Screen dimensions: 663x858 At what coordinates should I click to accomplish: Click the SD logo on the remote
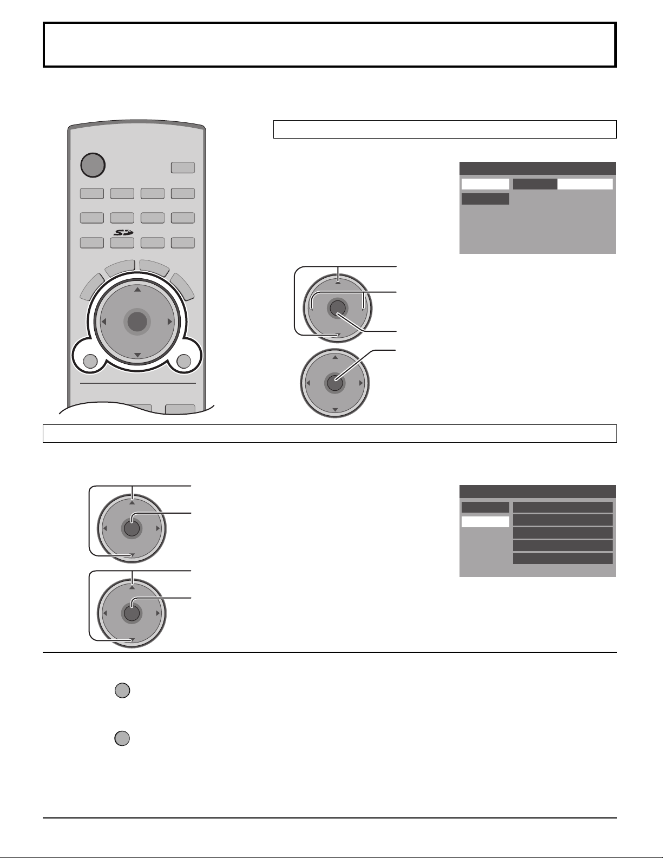pyautogui.click(x=122, y=232)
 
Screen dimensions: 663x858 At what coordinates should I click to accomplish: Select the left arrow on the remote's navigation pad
pyautogui.click(x=104, y=322)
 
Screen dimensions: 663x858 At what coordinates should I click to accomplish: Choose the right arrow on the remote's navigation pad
pyautogui.click(x=170, y=322)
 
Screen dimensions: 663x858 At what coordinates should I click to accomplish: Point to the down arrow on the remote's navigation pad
pyautogui.click(x=137, y=355)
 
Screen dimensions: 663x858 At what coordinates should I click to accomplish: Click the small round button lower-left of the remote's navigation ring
pyautogui.click(x=91, y=361)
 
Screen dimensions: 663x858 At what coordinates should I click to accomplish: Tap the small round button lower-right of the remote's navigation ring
pyautogui.click(x=183, y=361)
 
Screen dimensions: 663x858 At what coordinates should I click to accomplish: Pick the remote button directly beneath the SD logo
pyautogui.click(x=122, y=243)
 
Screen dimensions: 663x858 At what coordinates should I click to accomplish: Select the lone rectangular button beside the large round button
pyautogui.click(x=183, y=168)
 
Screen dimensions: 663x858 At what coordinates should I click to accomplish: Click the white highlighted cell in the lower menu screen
pyautogui.click(x=485, y=521)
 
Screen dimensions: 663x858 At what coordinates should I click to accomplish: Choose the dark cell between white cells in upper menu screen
pyautogui.click(x=535, y=184)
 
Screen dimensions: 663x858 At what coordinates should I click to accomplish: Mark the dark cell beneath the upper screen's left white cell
pyautogui.click(x=485, y=199)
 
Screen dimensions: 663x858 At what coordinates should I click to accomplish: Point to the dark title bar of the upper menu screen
pyautogui.click(x=537, y=168)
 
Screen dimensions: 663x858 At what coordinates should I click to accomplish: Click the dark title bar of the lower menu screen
pyautogui.click(x=537, y=492)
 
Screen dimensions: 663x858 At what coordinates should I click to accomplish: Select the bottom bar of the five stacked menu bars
pyautogui.click(x=562, y=559)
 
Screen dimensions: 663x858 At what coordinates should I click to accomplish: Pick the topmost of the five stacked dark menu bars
pyautogui.click(x=562, y=507)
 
